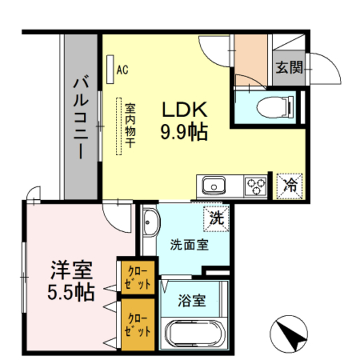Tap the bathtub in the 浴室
[x=192, y=334]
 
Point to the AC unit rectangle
[x=110, y=70]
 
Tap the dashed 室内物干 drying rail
[x=119, y=127]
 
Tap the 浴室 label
[x=191, y=300]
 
